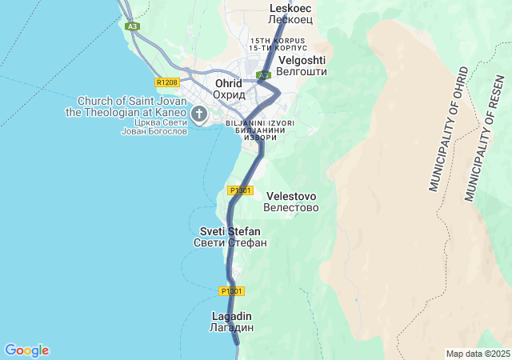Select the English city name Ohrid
click(x=229, y=83)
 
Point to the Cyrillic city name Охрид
click(x=229, y=94)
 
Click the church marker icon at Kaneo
click(x=199, y=114)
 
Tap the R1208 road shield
click(x=167, y=82)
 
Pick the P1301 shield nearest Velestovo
click(x=240, y=190)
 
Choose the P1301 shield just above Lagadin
click(x=231, y=290)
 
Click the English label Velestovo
click(x=291, y=196)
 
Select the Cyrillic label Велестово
click(x=291, y=208)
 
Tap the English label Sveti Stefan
click(x=230, y=231)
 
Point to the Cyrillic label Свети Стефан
click(x=230, y=242)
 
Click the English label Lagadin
click(x=232, y=316)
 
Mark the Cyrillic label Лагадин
click(x=232, y=328)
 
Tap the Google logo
click(x=26, y=350)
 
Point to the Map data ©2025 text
click(x=478, y=354)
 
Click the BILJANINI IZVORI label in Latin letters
click(x=261, y=123)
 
